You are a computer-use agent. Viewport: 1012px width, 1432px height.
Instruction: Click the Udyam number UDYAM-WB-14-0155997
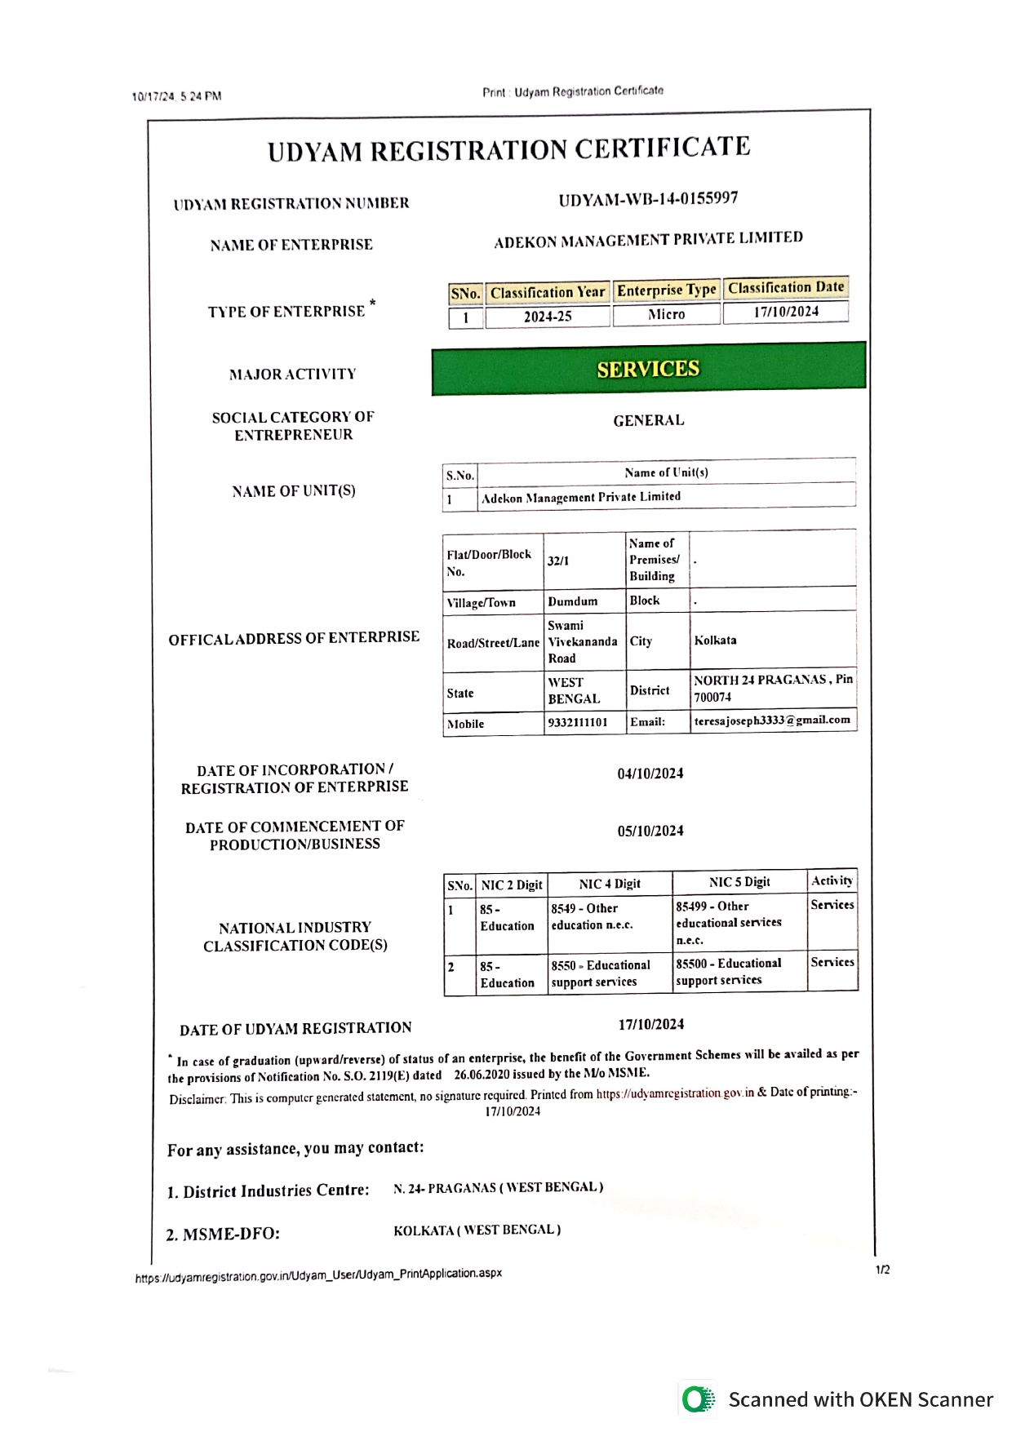pyautogui.click(x=648, y=199)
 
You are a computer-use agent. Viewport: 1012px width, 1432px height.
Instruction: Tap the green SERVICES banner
pyautogui.click(x=648, y=369)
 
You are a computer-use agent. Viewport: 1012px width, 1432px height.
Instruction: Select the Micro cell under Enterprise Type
pyautogui.click(x=666, y=314)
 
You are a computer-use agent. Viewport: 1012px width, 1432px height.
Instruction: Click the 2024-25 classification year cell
pyautogui.click(x=548, y=317)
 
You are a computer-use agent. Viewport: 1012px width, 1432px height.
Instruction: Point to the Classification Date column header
pyautogui.click(x=786, y=288)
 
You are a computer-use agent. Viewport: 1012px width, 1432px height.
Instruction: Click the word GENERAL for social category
pyautogui.click(x=649, y=420)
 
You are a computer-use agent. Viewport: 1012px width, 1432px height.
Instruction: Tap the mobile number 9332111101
pyautogui.click(x=578, y=723)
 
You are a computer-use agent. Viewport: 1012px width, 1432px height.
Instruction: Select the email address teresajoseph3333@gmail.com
pyautogui.click(x=772, y=720)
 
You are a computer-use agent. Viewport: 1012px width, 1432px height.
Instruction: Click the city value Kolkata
pyautogui.click(x=715, y=641)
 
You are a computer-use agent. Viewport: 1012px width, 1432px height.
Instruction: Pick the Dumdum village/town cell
pyautogui.click(x=573, y=601)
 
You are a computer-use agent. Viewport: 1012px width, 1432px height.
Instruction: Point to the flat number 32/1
pyautogui.click(x=558, y=561)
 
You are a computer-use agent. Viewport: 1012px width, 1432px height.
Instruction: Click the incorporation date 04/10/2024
pyautogui.click(x=650, y=774)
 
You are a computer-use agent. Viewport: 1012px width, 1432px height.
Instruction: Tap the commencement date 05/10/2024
pyautogui.click(x=650, y=831)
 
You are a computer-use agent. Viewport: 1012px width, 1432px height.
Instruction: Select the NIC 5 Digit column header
pyautogui.click(x=739, y=882)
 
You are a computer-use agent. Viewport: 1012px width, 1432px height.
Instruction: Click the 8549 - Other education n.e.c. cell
pyautogui.click(x=592, y=916)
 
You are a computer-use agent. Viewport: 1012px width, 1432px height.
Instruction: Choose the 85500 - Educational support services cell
pyautogui.click(x=728, y=972)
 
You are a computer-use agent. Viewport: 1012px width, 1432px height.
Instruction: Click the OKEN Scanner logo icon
pyautogui.click(x=698, y=1399)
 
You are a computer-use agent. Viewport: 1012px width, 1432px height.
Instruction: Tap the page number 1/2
pyautogui.click(x=882, y=1270)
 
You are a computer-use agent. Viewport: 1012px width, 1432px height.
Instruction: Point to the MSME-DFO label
pyautogui.click(x=223, y=1234)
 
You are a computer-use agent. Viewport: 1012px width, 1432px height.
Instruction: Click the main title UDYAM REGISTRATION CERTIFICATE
pyautogui.click(x=508, y=150)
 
